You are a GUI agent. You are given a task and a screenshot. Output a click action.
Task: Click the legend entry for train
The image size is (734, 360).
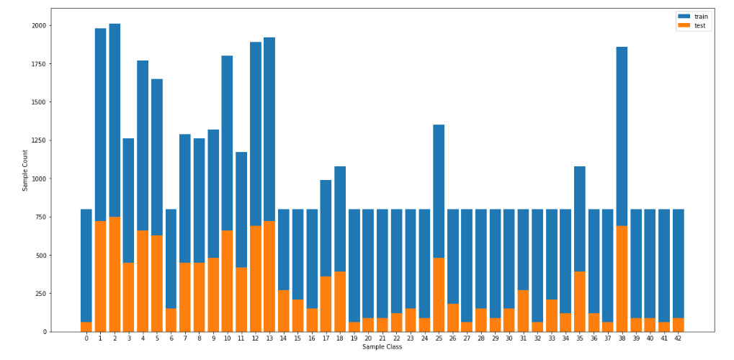pos(692,16)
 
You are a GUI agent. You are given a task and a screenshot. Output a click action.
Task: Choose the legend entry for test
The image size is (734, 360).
pos(692,26)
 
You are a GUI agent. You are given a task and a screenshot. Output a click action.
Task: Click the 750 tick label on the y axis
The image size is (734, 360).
pos(40,217)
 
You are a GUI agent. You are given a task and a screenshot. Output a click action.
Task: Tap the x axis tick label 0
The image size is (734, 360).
pos(86,338)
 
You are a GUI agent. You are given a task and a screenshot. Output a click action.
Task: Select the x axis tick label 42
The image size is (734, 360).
pos(678,338)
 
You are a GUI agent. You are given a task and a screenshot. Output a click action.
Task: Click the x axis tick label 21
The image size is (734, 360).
pos(382,338)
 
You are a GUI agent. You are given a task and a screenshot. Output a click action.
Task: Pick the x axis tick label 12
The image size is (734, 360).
pos(255,338)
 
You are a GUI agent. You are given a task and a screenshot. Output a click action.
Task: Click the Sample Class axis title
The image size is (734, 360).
pos(382,347)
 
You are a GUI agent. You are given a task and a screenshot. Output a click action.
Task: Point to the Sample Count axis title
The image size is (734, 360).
pos(25,171)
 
